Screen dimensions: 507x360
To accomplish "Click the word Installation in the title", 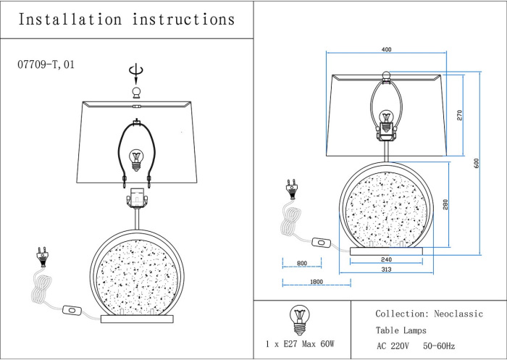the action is click(x=70, y=20).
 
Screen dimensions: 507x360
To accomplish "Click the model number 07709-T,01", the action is click(x=46, y=64).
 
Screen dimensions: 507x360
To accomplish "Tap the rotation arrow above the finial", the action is click(x=136, y=72).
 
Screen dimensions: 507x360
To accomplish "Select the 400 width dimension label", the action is click(x=386, y=49).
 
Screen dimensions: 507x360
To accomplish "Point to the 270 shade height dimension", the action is click(x=459, y=115).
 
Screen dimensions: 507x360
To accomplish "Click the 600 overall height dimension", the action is click(x=477, y=163).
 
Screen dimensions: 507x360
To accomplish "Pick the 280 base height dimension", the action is click(x=445, y=204).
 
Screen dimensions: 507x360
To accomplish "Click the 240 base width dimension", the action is click(x=386, y=259).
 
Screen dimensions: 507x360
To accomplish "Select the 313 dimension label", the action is click(x=386, y=269).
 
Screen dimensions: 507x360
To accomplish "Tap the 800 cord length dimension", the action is click(x=302, y=263).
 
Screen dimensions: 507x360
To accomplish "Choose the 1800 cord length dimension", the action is click(x=317, y=282).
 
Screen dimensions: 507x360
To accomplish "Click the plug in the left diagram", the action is click(x=42, y=257).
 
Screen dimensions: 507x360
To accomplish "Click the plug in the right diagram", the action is click(x=291, y=189).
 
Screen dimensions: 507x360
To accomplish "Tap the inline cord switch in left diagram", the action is click(x=72, y=310).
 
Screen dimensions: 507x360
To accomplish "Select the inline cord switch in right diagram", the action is click(x=322, y=242).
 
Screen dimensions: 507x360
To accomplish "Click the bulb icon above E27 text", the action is click(x=299, y=320).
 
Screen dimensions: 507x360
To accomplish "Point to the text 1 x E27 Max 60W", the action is click(x=300, y=344).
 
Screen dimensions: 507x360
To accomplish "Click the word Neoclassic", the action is click(x=458, y=314).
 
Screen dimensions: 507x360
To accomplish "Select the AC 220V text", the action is click(x=393, y=346).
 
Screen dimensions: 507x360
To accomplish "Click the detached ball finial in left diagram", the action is click(x=136, y=92).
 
